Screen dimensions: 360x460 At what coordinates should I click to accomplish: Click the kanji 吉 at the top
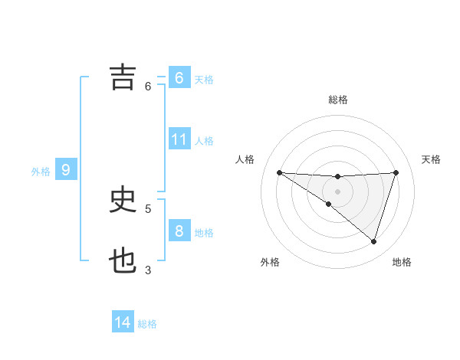[123, 77]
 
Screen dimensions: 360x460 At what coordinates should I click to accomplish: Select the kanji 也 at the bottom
[123, 261]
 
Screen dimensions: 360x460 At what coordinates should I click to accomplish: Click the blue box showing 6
[179, 78]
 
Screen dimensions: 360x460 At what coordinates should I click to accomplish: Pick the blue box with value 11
[179, 139]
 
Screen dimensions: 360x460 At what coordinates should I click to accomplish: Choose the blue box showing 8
[179, 231]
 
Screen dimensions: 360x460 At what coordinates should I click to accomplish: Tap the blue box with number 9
[66, 170]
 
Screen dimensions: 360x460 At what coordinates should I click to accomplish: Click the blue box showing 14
[123, 322]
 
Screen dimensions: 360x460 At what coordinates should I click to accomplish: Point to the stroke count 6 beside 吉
[148, 86]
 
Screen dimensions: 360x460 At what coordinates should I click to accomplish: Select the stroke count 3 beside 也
[148, 270]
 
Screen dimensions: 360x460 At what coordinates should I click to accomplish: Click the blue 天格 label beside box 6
[204, 79]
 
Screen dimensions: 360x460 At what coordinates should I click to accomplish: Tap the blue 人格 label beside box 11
[204, 140]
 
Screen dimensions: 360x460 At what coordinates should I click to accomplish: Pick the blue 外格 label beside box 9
[41, 172]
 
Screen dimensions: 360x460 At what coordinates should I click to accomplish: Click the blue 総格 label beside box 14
[147, 324]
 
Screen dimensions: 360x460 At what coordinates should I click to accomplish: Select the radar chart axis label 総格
[337, 100]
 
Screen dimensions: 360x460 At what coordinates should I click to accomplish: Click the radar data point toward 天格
[396, 172]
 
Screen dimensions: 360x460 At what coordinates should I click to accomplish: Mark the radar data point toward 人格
[280, 172]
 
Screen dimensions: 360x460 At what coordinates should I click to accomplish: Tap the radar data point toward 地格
[373, 241]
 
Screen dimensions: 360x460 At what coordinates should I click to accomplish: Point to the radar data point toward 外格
[328, 205]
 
